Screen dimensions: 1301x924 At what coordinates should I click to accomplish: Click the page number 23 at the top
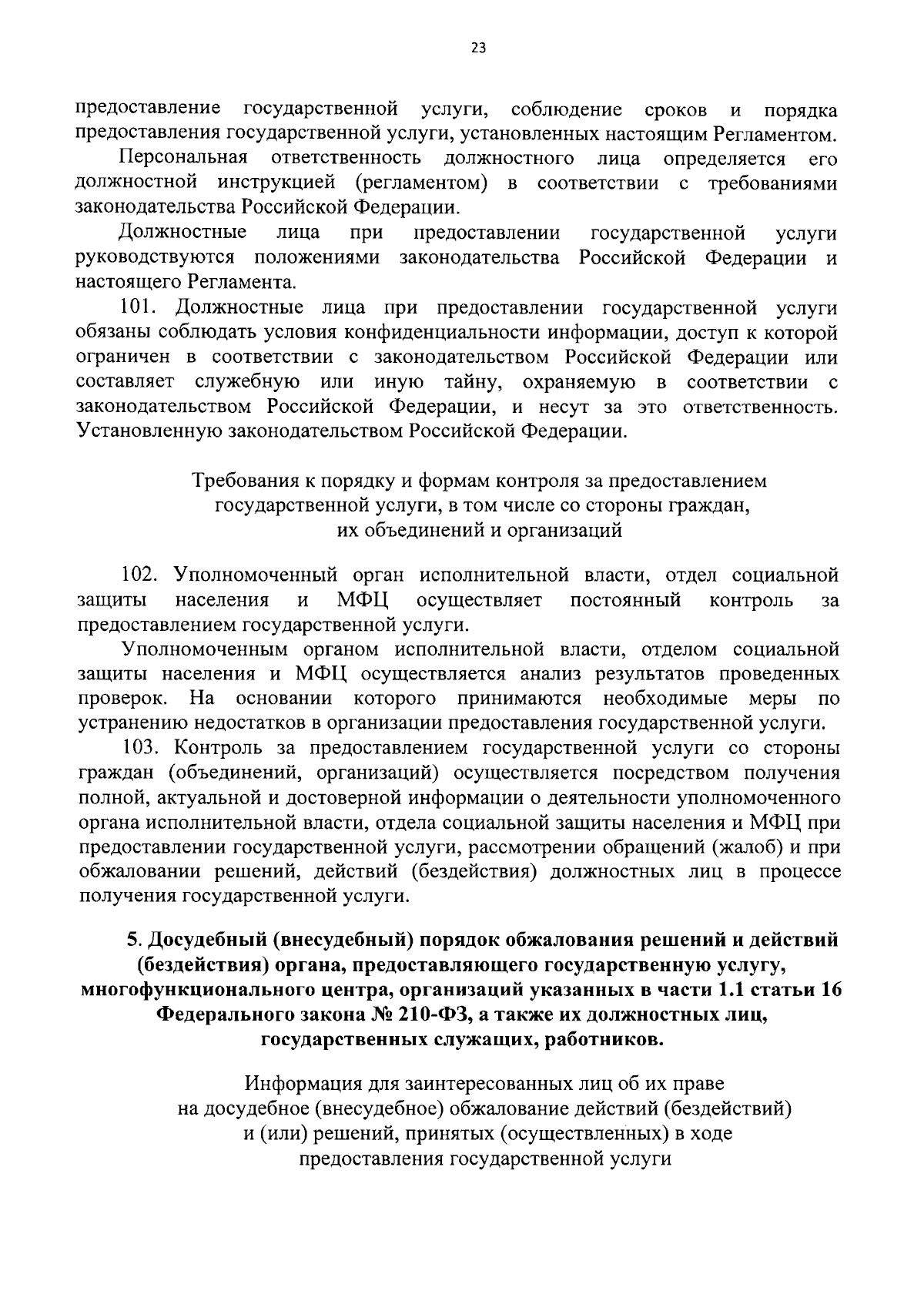(x=477, y=48)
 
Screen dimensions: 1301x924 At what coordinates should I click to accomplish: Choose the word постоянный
(x=625, y=600)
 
